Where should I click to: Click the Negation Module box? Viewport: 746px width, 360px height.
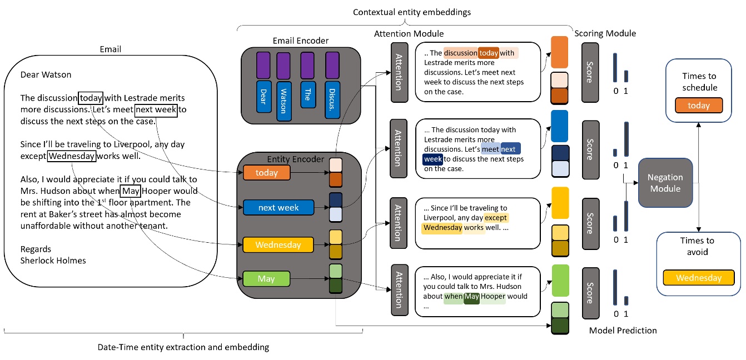coord(665,183)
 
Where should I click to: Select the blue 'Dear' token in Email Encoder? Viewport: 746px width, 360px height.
coord(263,93)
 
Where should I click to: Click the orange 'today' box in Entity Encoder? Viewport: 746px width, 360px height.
coord(267,173)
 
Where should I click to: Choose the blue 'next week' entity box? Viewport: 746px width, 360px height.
coord(278,207)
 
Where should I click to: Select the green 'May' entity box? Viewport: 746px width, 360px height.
coord(267,278)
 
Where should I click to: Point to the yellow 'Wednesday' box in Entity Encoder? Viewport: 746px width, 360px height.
coord(278,244)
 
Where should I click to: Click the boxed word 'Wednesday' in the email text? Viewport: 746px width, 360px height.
coord(71,156)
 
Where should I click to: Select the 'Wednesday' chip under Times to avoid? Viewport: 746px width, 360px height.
coord(699,278)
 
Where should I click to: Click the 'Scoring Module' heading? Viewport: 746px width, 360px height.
coord(605,33)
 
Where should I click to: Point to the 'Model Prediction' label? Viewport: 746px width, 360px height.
coord(623,331)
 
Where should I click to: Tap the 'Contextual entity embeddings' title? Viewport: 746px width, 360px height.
coord(405,11)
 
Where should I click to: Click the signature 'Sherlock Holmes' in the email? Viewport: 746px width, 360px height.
coord(53,260)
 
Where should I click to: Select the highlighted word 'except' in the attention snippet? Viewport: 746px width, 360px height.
coord(495,218)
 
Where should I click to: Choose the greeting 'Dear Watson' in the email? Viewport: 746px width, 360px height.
coord(46,74)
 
